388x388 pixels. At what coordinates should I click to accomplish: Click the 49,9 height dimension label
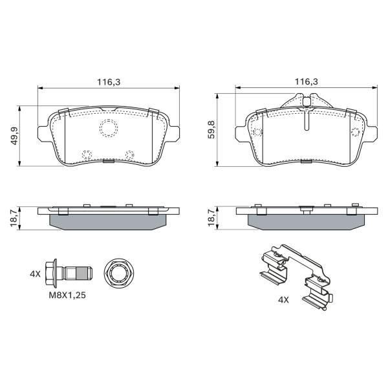15,136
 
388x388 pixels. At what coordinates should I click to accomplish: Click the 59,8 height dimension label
211,129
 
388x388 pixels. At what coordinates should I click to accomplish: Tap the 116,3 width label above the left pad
109,82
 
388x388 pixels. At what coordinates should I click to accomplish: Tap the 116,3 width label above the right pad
306,81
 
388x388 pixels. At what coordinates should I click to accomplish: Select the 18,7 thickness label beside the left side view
14,217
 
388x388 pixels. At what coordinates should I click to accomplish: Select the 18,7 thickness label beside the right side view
211,217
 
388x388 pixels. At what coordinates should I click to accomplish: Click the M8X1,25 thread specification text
67,296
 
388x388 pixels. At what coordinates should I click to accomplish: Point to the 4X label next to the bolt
35,274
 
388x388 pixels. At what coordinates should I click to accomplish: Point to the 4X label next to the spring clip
283,300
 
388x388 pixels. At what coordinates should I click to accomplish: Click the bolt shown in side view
69,274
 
